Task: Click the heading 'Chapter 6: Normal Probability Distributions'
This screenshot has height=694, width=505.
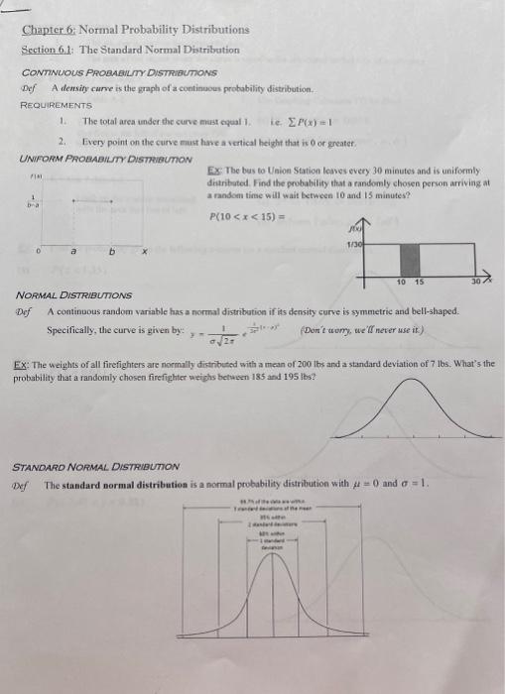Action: point(136,30)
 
